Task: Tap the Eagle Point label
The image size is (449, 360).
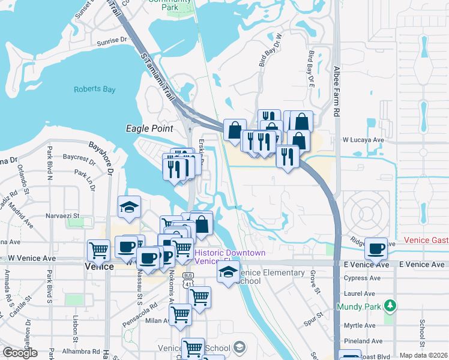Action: [x=149, y=128]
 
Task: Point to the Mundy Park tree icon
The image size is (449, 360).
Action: [x=391, y=306]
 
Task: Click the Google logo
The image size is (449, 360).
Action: [x=20, y=353]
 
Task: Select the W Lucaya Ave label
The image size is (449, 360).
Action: [x=363, y=140]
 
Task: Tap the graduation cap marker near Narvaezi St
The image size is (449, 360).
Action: [x=129, y=207]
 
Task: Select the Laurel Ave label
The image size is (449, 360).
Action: [x=360, y=294]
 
